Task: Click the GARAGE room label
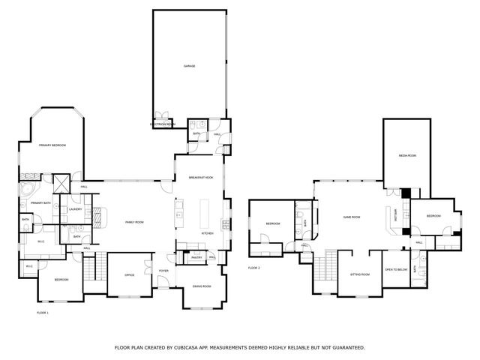pyautogui.click(x=190, y=66)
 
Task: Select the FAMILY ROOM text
pyautogui.click(x=134, y=223)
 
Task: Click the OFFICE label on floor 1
pyautogui.click(x=129, y=274)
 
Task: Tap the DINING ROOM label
pyautogui.click(x=201, y=286)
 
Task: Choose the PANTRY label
pyautogui.click(x=196, y=257)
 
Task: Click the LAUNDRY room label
pyautogui.click(x=75, y=209)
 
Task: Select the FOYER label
pyautogui.click(x=163, y=271)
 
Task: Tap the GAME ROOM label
pyautogui.click(x=352, y=217)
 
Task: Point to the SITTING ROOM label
pyautogui.click(x=360, y=274)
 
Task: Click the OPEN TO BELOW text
pyautogui.click(x=396, y=269)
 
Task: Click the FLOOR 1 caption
pyautogui.click(x=42, y=312)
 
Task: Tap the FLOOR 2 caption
pyautogui.click(x=254, y=268)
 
